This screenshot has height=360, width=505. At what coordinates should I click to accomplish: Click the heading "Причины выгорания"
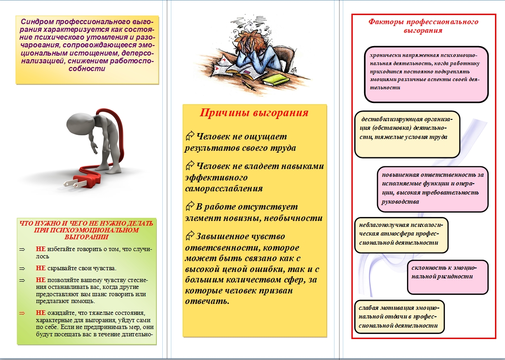pyautogui.click(x=254, y=113)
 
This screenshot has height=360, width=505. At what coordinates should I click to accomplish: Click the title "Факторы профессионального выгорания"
pyautogui.click(x=423, y=26)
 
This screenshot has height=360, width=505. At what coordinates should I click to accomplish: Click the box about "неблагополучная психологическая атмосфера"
pyautogui.click(x=402, y=235)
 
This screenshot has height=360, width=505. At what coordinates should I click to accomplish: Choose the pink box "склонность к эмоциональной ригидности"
pyautogui.click(x=441, y=277)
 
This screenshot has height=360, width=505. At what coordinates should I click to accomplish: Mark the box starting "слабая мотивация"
pyautogui.click(x=399, y=317)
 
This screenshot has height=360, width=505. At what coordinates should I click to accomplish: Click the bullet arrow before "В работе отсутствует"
pyautogui.click(x=190, y=206)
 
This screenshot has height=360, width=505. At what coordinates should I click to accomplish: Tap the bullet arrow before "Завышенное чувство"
pyautogui.click(x=190, y=236)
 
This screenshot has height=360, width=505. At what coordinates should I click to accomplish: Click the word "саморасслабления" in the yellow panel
pyautogui.click(x=224, y=188)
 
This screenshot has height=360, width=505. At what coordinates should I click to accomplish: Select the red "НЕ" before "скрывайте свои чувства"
pyautogui.click(x=41, y=268)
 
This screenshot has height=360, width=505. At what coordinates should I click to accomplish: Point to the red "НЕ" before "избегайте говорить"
pyautogui.click(x=41, y=250)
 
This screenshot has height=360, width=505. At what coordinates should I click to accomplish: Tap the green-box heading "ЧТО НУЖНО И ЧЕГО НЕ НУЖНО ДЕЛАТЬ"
pyautogui.click(x=86, y=224)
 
